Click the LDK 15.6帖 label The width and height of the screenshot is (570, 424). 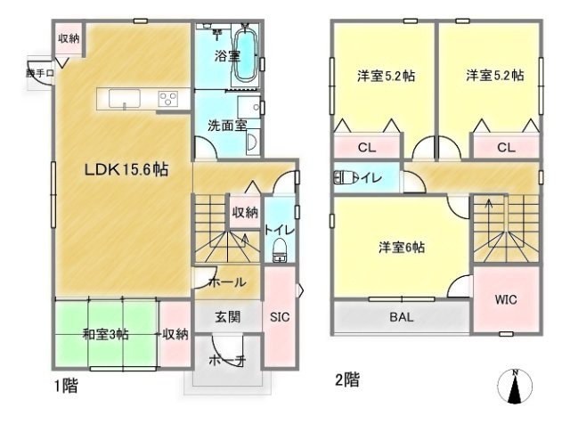126,169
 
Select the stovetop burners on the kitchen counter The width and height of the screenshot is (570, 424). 168,99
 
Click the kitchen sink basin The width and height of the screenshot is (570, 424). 125,99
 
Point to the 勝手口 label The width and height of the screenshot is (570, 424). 40,73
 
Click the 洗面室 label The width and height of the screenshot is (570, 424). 227,126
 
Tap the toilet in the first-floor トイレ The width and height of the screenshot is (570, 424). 280,249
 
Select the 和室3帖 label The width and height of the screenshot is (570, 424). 105,334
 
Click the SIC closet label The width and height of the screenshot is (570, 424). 280,317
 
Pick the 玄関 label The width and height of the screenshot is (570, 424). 228,317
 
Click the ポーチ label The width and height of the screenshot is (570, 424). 228,360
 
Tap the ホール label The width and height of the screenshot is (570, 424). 228,281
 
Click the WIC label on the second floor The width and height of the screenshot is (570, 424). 506,299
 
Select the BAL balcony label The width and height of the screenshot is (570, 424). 402,317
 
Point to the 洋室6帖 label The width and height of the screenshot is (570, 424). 402,248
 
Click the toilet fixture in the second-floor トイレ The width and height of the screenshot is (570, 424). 345,177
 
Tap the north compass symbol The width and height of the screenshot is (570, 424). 515,387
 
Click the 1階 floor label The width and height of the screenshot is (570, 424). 66,386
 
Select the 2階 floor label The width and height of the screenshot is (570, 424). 347,380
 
